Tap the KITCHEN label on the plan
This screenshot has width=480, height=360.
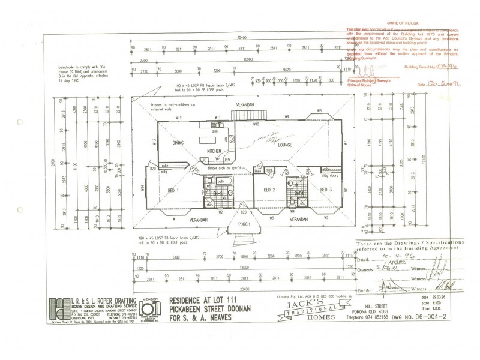point(215,151)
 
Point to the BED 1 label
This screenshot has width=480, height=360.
point(173,190)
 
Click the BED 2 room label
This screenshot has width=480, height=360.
point(269,190)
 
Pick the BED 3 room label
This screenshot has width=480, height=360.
point(326,190)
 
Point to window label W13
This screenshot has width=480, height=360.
point(155,143)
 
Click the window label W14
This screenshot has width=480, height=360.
point(143,188)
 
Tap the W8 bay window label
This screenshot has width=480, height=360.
point(320,111)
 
